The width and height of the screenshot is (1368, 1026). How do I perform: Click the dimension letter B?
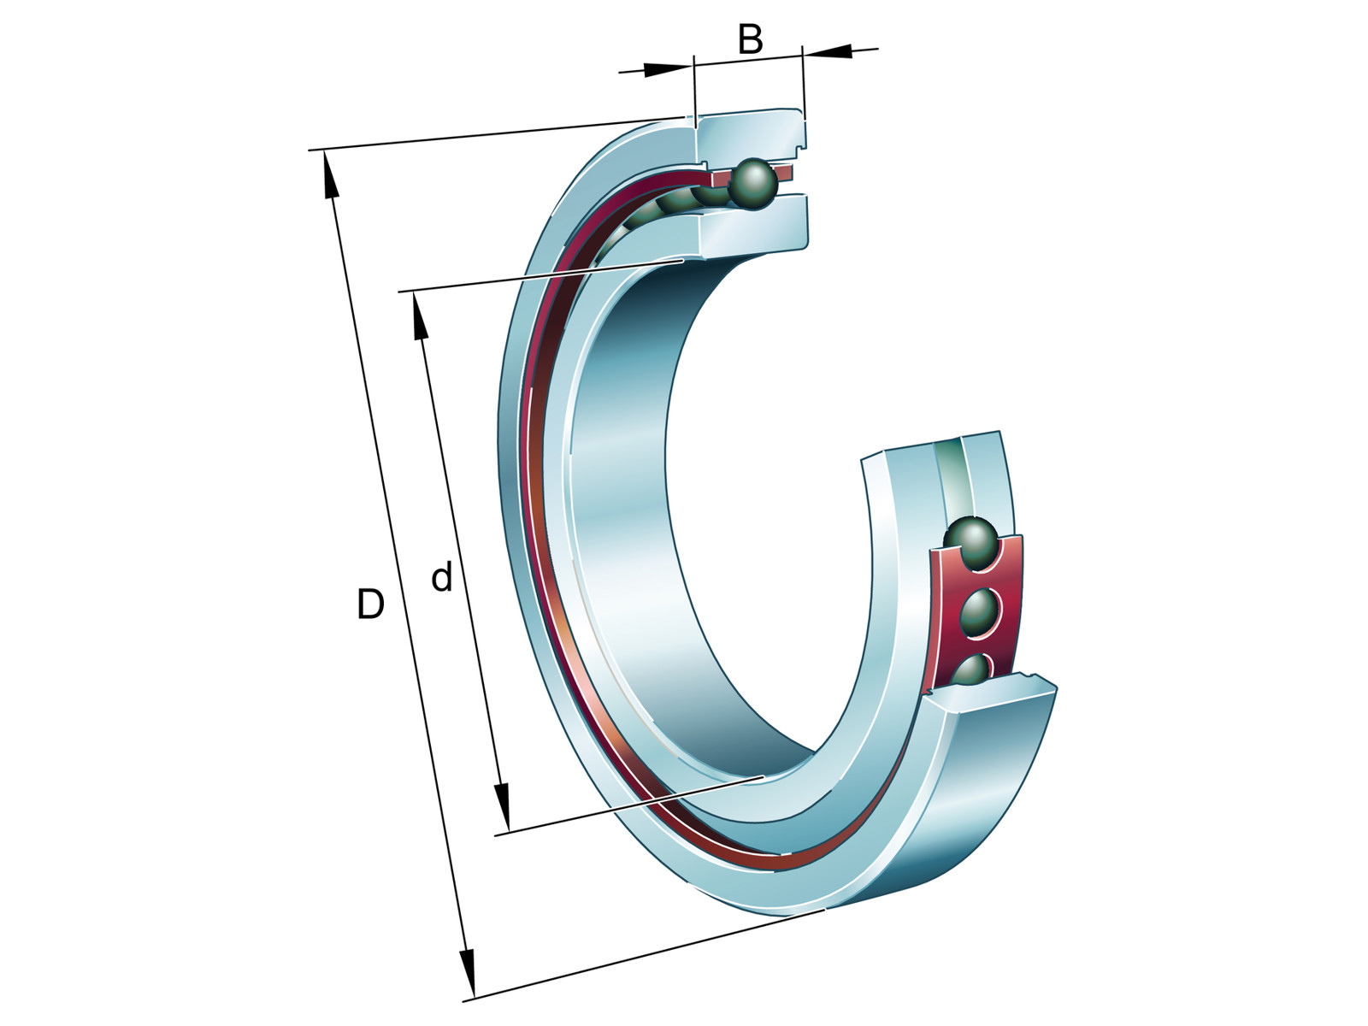(750, 39)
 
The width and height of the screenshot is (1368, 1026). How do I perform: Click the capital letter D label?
(370, 604)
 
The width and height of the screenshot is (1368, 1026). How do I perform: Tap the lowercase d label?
(442, 577)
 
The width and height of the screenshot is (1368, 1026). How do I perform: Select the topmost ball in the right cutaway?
(970, 544)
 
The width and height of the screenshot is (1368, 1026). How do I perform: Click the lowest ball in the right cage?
(972, 671)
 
